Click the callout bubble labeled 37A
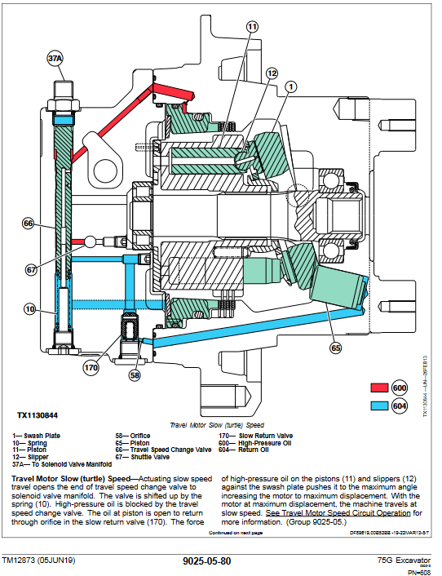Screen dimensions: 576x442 (55, 59)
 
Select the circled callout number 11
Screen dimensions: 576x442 (252, 27)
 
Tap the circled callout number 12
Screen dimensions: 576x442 (272, 73)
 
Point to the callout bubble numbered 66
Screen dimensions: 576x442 (29, 223)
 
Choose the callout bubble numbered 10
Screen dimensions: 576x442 (29, 308)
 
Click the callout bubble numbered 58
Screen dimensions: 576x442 (135, 374)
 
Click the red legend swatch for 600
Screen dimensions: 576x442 (380, 388)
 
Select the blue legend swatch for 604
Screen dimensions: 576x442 (380, 405)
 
